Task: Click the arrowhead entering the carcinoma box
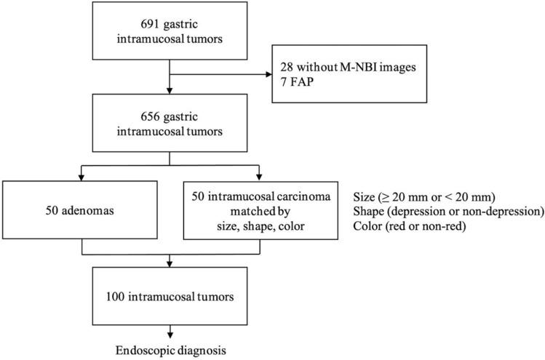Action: click(x=259, y=177)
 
